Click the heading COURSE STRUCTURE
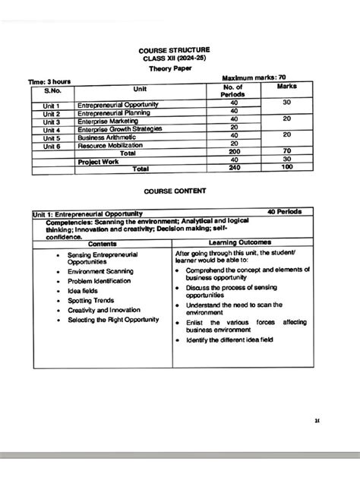(180, 49)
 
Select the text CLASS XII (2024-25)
(179, 58)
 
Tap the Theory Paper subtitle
(179, 69)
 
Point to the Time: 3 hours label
(51, 81)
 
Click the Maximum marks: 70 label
(254, 78)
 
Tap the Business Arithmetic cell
(109, 138)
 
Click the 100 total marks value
(286, 169)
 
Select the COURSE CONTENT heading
(179, 193)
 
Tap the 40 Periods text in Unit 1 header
(289, 214)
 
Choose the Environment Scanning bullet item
(102, 271)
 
